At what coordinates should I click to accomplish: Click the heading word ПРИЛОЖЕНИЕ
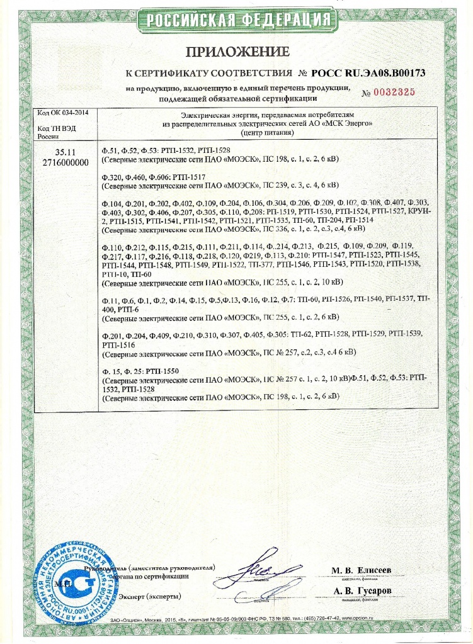point(237,52)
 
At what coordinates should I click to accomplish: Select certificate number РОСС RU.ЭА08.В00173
point(368,73)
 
